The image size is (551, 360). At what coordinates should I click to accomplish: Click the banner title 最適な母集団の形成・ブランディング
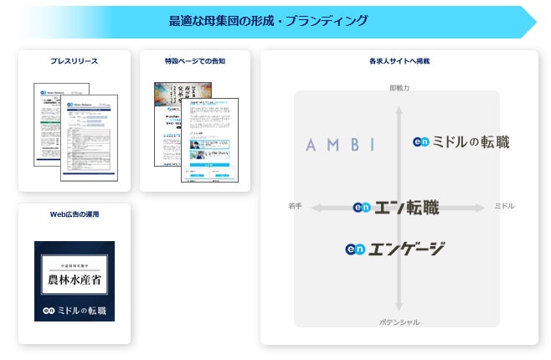point(268,21)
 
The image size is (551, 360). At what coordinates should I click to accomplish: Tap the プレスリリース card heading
point(75,61)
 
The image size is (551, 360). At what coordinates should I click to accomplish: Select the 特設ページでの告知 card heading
point(194,61)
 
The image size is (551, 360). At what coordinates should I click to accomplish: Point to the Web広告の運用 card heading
point(75,214)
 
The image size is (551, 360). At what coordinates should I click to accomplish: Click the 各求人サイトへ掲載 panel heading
point(399,61)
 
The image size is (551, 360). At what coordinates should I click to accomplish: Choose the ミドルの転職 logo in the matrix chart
point(461,142)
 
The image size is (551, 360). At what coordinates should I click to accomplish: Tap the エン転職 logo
point(396,208)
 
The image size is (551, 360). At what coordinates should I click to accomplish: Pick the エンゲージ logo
point(394,249)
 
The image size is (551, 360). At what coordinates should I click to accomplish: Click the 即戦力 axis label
point(399,87)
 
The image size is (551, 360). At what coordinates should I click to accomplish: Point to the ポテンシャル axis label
point(399,321)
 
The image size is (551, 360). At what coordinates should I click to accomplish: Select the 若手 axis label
point(295,206)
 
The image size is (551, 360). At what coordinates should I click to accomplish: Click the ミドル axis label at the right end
point(504,206)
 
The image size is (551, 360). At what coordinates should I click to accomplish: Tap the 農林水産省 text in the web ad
point(74,279)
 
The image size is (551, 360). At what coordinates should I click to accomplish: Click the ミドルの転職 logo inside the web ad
point(75,311)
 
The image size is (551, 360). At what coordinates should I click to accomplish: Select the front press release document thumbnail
point(90,138)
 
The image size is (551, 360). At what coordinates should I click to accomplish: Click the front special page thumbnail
point(209,141)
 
